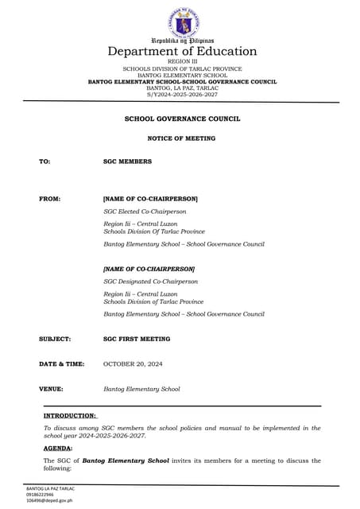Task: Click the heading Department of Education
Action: pyautogui.click(x=182, y=52)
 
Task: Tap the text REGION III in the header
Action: pyautogui.click(x=182, y=62)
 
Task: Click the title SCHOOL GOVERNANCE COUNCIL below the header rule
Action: pyautogui.click(x=182, y=119)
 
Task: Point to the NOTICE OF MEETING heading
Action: pyautogui.click(x=182, y=138)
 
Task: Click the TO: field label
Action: pyautogui.click(x=45, y=161)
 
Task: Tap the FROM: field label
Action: pyautogui.click(x=49, y=198)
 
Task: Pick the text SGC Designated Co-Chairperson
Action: pyautogui.click(x=150, y=282)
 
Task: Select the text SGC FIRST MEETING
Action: pyautogui.click(x=137, y=339)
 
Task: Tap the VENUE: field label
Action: pyautogui.click(x=52, y=389)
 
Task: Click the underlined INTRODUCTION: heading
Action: pyautogui.click(x=70, y=415)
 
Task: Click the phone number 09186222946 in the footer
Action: pyautogui.click(x=45, y=494)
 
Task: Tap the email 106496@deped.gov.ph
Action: pyautogui.click(x=50, y=500)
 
